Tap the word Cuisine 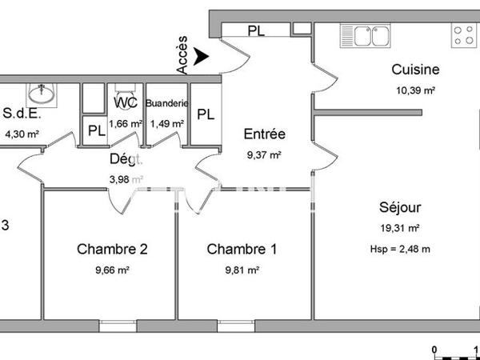tap(414, 70)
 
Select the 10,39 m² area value tap(414, 90)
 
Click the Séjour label tap(400, 208)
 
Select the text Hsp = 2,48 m tap(401, 248)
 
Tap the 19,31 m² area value tap(400, 228)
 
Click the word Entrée tap(264, 134)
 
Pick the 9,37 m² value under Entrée tap(264, 154)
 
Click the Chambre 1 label tap(242, 250)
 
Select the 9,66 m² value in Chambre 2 tap(112, 270)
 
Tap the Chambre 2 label tap(112, 250)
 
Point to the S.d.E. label tap(22, 113)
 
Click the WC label tap(126, 103)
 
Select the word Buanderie tap(166, 103)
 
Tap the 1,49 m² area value tap(167, 123)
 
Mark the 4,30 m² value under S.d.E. tap(22, 134)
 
